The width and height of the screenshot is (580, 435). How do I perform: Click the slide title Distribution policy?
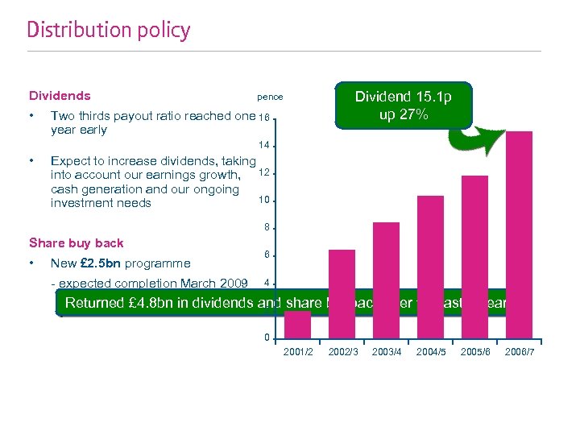pos(109,31)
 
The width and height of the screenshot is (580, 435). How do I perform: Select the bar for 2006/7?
pos(520,234)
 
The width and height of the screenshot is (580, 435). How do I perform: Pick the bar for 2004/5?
pos(430,266)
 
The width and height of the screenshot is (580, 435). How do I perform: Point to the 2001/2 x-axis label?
pos(298,352)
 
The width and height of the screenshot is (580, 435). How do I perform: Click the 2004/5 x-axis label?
pos(431,352)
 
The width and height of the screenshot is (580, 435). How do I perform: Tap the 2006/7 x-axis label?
pos(520,352)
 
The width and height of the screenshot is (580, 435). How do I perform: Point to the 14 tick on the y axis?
pos(263,146)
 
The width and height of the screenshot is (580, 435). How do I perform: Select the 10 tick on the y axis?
pos(263,200)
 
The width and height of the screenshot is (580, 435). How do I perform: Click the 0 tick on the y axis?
pos(267,338)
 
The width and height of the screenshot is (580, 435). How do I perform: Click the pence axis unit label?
pos(270,97)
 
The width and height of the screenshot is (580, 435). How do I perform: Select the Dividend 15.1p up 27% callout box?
pos(403,106)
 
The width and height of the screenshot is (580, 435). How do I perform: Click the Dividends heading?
pos(60,96)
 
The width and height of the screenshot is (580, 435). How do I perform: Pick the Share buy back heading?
pos(77,242)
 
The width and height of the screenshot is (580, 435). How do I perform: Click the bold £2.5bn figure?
pos(96,263)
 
